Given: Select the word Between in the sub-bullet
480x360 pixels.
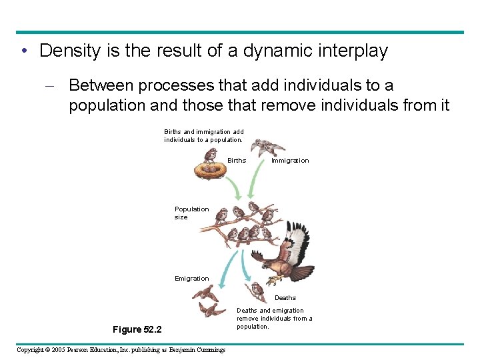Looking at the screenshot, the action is point(101,86).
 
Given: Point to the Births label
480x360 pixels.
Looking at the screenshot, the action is point(237,161).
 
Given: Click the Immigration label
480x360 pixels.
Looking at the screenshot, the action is point(290,161).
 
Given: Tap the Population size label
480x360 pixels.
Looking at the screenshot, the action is point(191,213).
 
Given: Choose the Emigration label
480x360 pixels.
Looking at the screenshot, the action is point(191,279).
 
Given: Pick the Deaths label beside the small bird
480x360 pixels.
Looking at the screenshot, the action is point(285,298).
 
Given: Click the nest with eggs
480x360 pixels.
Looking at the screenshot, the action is point(212,171).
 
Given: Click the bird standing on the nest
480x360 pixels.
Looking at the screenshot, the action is point(211,155).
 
